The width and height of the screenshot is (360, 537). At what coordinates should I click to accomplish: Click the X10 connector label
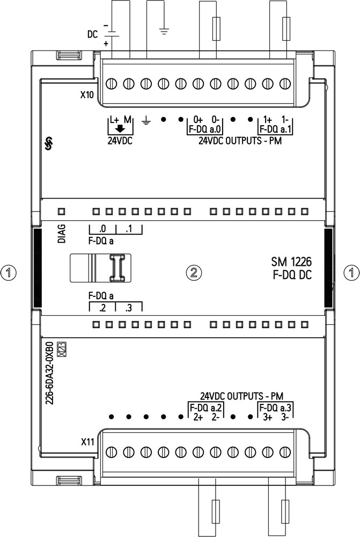pos(87,95)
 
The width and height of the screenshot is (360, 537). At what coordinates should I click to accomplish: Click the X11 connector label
pos(87,442)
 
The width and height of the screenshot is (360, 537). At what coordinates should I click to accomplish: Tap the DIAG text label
pos(62,234)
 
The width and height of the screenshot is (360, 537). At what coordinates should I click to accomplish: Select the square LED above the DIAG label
pos(62,211)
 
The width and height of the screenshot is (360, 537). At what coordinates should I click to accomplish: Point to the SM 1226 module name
pos(291,262)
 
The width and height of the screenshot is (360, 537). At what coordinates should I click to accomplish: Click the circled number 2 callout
pos(194,273)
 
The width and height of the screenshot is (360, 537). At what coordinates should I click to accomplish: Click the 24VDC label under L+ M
pos(120,141)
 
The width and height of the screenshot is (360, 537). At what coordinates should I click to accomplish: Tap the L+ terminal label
pos(114,120)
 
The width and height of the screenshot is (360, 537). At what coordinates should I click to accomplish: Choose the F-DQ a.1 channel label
pos(275,129)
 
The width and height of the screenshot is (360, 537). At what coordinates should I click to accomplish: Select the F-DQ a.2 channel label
pos(206,408)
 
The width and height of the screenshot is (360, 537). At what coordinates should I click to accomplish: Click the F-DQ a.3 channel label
pos(275,408)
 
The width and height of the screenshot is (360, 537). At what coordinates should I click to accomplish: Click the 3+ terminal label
pos(268,417)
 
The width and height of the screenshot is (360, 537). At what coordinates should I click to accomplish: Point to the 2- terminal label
pos(216,417)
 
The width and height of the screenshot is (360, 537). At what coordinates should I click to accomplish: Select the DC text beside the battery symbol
pos(92,34)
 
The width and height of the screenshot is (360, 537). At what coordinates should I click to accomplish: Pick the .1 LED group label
pos(128,229)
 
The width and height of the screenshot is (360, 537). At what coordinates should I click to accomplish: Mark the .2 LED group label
pos(102,308)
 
